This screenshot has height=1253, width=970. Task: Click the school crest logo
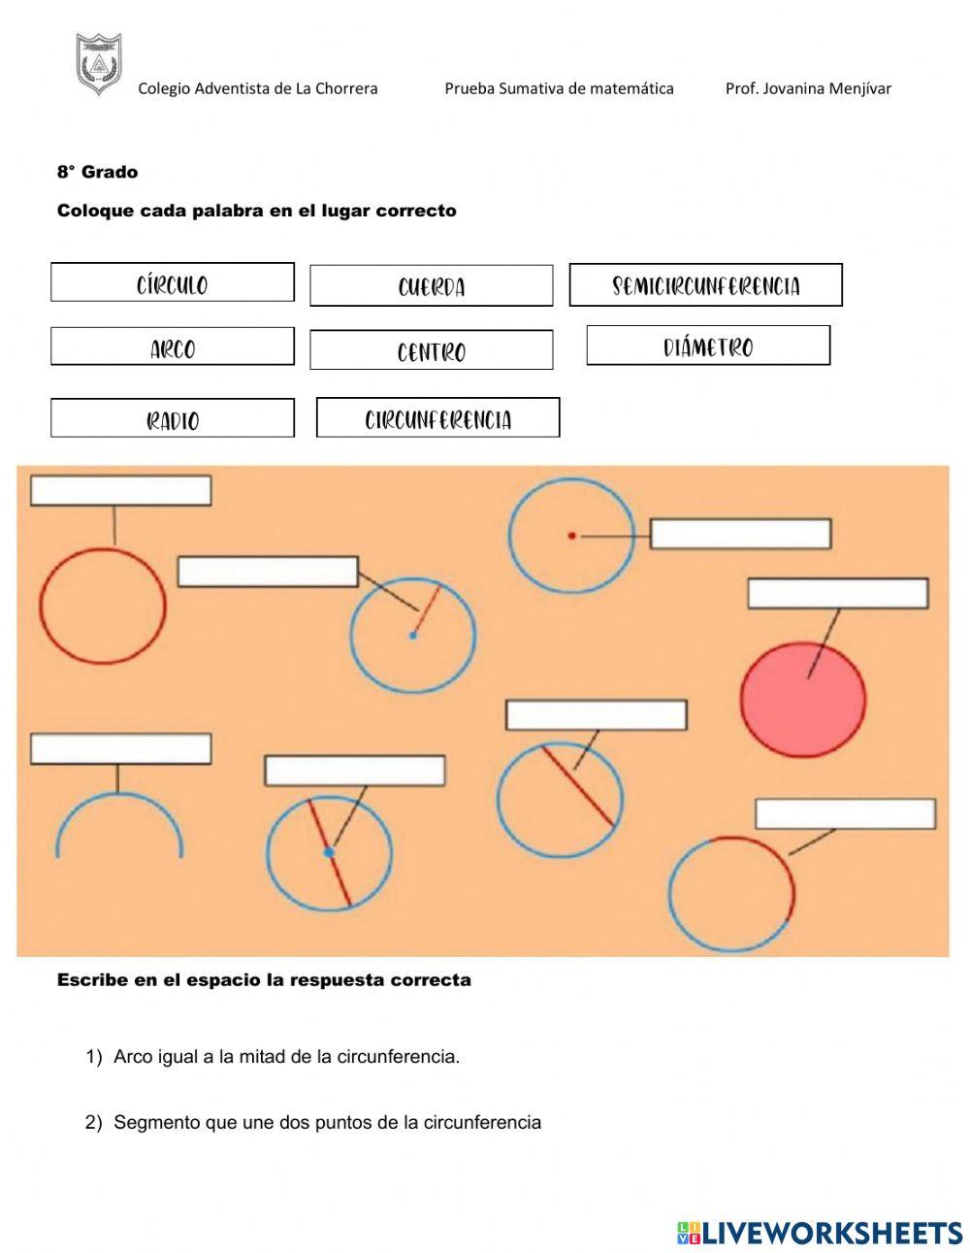coord(99,64)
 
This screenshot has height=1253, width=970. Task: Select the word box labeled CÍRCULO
coord(173,282)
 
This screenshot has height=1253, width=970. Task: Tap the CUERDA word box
coord(432,286)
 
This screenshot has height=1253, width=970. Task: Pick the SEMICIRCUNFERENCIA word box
coord(705,285)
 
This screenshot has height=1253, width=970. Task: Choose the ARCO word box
coord(173,346)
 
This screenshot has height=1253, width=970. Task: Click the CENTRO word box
coord(432,350)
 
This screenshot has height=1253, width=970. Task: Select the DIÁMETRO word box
coord(708,346)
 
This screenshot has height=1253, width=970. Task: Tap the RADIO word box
coord(173,418)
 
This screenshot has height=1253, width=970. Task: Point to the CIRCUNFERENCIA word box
coord(438,418)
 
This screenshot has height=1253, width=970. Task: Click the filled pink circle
coord(803,700)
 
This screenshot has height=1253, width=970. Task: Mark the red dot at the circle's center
coord(572,535)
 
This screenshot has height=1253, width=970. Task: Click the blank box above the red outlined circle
coord(121,490)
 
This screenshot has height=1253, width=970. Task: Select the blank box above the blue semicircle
coord(121,749)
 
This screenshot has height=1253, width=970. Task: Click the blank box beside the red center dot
coord(740,534)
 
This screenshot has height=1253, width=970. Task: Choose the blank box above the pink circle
coord(838,594)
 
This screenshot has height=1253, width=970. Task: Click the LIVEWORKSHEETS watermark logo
coord(820,1233)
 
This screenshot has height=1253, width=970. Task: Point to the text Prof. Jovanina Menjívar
coord(808,88)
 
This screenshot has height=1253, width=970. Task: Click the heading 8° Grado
coord(97,172)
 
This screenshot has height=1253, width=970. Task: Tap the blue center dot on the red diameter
coord(329,852)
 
